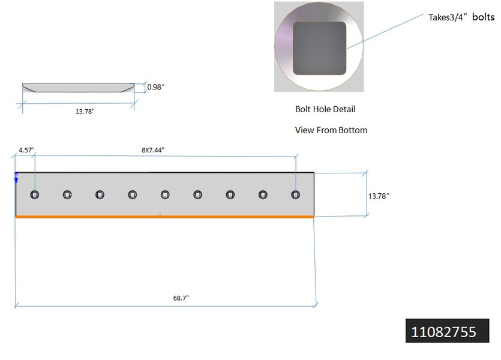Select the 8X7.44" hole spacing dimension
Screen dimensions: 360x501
point(152,150)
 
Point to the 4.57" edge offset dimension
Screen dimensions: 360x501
point(26,150)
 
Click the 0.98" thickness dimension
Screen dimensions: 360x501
point(156,88)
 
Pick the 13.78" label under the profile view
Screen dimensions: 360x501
point(85,111)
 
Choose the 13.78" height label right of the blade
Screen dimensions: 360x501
point(379,196)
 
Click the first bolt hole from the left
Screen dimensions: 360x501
point(34,194)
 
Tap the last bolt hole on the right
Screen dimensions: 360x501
point(295,194)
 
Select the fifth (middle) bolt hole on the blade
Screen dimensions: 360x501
point(165,194)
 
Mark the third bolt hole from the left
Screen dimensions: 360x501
point(100,194)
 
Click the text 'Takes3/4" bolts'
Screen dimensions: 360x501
point(461,17)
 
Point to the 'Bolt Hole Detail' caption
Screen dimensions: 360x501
point(325,109)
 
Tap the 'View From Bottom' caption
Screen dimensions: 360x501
point(331,130)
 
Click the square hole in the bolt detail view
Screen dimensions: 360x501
point(320,48)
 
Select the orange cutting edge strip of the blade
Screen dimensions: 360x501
point(164,216)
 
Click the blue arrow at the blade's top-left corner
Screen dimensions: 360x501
point(16,176)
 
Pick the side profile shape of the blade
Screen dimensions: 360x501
point(78,88)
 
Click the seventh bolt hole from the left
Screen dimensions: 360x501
point(230,194)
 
